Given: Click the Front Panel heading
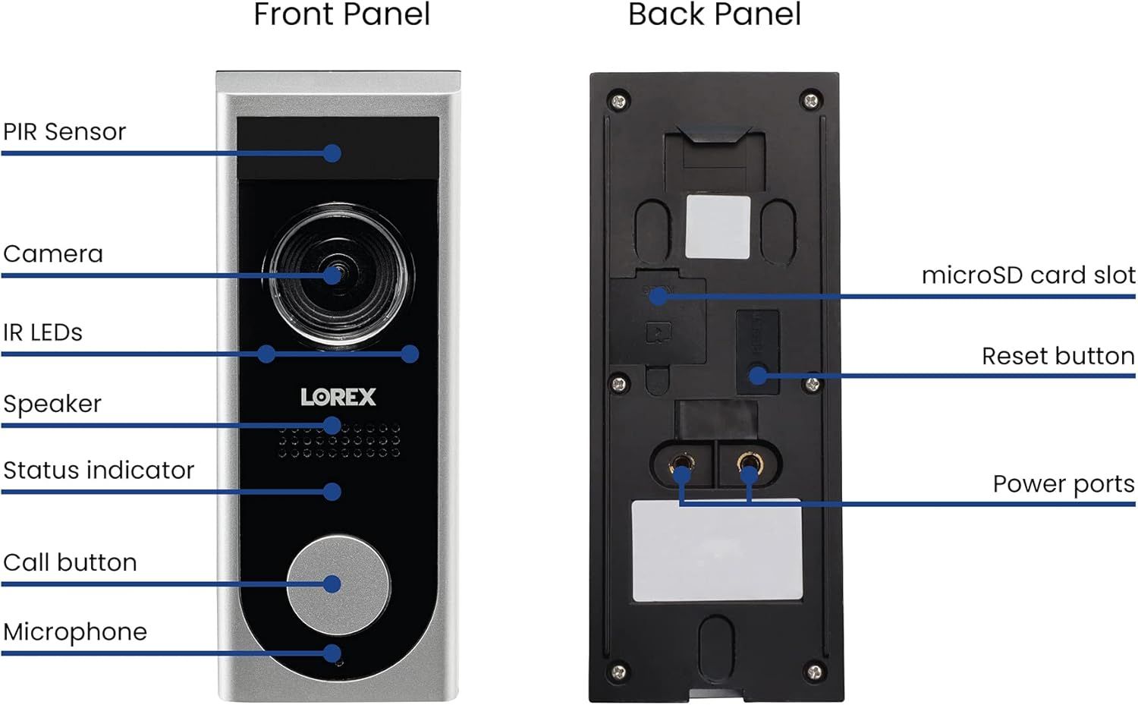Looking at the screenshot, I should tap(341, 15).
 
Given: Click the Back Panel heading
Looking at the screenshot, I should tap(714, 15).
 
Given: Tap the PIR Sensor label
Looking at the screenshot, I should tap(64, 132).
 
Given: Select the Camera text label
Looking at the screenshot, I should tap(53, 254).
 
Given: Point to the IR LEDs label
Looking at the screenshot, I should tap(42, 332).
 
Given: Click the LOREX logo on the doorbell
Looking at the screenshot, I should tap(338, 397).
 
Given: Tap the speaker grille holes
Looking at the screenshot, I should tap(338, 442).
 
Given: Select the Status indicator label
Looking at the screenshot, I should tap(99, 471).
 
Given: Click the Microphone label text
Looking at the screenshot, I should tap(75, 632).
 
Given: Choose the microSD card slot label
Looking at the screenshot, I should tap(1028, 275).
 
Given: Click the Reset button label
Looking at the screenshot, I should tap(1058, 356).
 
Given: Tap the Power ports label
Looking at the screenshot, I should tap(1063, 484).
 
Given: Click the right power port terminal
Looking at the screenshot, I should tap(749, 464).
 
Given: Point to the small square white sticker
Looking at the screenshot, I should tap(718, 227).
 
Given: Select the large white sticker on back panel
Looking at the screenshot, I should tap(717, 551).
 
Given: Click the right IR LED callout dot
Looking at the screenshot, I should tap(410, 354).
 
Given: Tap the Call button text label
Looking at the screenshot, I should tap(70, 563).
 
